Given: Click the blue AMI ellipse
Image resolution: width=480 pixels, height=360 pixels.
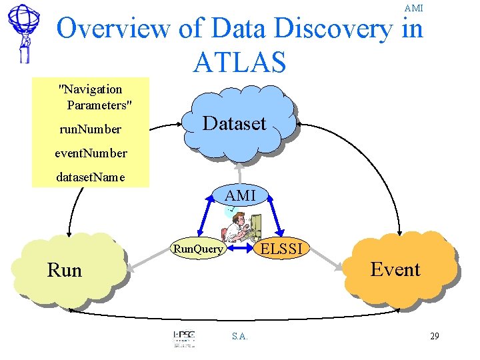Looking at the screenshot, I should tap(241, 196).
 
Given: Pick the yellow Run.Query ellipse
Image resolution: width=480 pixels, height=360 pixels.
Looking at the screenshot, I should tap(199, 249).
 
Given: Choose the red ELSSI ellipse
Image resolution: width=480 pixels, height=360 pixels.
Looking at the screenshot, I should tap(281, 249).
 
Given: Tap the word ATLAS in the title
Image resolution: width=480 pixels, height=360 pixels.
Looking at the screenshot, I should tap(239, 62).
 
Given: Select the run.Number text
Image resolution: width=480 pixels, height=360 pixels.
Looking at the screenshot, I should tap(90, 129).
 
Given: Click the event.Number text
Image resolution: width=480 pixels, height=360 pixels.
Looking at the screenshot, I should tap(91, 153).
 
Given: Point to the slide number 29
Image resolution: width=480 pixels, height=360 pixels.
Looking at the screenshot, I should tap(434, 336).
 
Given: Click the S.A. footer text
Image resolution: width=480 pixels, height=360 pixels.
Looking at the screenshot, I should tap(240, 336).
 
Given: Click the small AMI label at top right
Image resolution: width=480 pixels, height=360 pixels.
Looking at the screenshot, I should tap(413, 8).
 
